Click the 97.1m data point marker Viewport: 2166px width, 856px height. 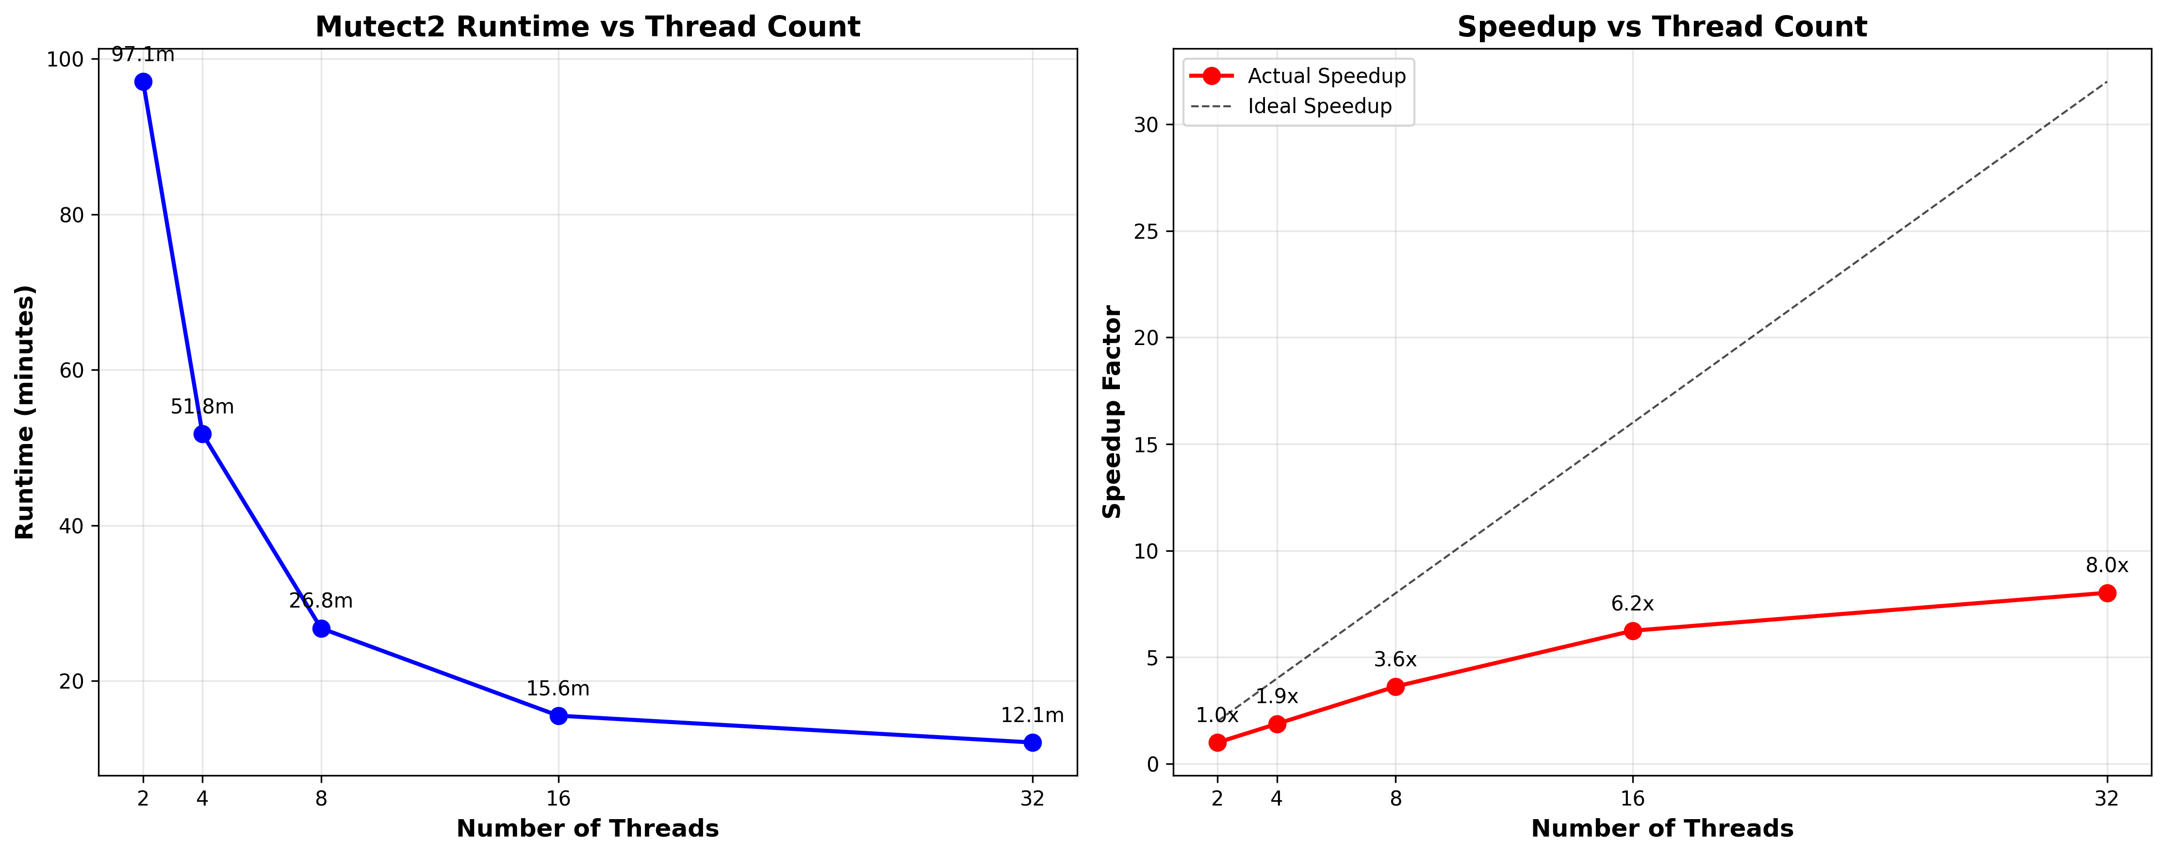click(143, 82)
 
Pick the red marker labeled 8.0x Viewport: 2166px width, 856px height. click(2106, 593)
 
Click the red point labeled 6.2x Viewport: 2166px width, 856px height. click(1632, 631)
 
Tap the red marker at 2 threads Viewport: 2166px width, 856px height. click(1217, 742)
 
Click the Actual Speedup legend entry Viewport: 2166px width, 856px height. click(1326, 76)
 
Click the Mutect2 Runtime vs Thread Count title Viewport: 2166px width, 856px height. click(588, 27)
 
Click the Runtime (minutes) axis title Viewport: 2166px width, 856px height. click(25, 412)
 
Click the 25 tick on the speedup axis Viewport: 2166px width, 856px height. click(1146, 231)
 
